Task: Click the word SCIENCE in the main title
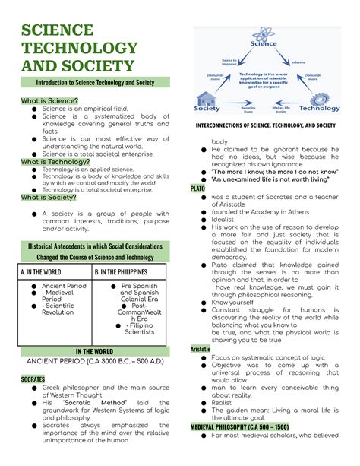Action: click(x=57, y=30)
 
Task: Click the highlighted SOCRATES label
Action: click(x=33, y=377)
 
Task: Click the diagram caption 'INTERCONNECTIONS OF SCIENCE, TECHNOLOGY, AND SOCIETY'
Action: click(x=266, y=125)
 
